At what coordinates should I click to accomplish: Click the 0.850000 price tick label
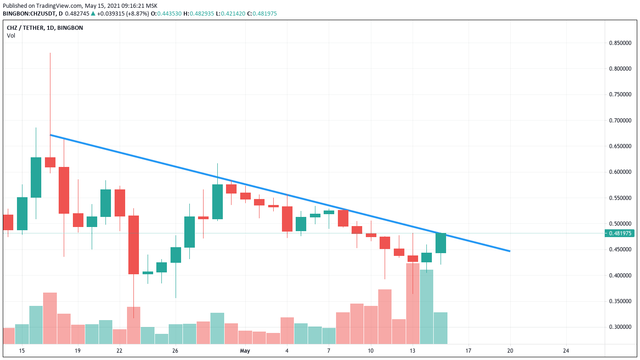pos(619,43)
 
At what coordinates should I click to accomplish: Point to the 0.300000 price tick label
pos(619,327)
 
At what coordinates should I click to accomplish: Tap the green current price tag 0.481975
pos(620,233)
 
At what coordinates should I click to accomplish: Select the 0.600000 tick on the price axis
pos(619,172)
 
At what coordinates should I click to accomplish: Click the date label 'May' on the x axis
pos(245,351)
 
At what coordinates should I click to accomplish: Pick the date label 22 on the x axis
pos(119,351)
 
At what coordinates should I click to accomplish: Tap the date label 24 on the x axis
pos(566,351)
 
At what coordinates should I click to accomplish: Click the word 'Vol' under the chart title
pos(11,36)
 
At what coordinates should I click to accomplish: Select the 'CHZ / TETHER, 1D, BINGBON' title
pos(45,28)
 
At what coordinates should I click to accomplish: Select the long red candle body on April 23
pos(133,245)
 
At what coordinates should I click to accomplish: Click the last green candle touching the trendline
pos(441,243)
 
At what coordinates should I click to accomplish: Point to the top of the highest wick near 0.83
pos(50,53)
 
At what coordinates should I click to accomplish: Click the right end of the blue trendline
pos(509,251)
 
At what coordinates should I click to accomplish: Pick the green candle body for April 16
pos(36,177)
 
